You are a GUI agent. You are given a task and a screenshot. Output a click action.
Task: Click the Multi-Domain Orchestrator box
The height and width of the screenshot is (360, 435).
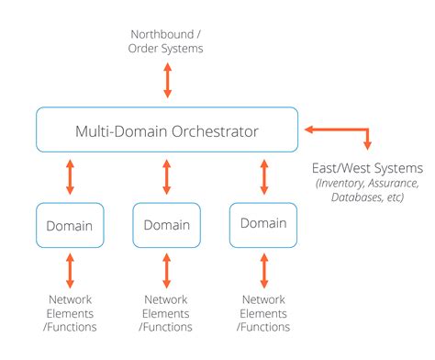point(167,129)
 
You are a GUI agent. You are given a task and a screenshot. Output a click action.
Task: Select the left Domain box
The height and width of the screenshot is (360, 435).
point(70,224)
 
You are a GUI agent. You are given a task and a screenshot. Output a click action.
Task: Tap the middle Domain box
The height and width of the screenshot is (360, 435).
point(166,225)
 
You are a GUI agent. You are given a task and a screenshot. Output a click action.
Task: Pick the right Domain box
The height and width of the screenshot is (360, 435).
point(262,223)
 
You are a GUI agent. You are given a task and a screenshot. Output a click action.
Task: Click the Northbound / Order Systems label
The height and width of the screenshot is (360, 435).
point(167,41)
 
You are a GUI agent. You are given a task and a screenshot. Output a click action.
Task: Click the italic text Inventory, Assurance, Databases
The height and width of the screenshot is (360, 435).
point(368,190)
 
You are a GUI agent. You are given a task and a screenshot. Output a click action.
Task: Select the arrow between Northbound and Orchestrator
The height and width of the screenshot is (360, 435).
point(167,81)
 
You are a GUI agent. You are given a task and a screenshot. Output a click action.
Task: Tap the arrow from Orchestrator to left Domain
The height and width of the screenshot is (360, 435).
point(70,177)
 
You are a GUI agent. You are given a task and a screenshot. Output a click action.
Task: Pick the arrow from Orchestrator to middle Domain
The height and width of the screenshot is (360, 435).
point(166,177)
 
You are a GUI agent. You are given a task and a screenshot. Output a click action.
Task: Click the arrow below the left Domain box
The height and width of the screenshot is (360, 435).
point(70,270)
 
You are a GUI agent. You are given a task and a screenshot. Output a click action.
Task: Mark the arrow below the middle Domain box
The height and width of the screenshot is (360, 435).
point(166,270)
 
